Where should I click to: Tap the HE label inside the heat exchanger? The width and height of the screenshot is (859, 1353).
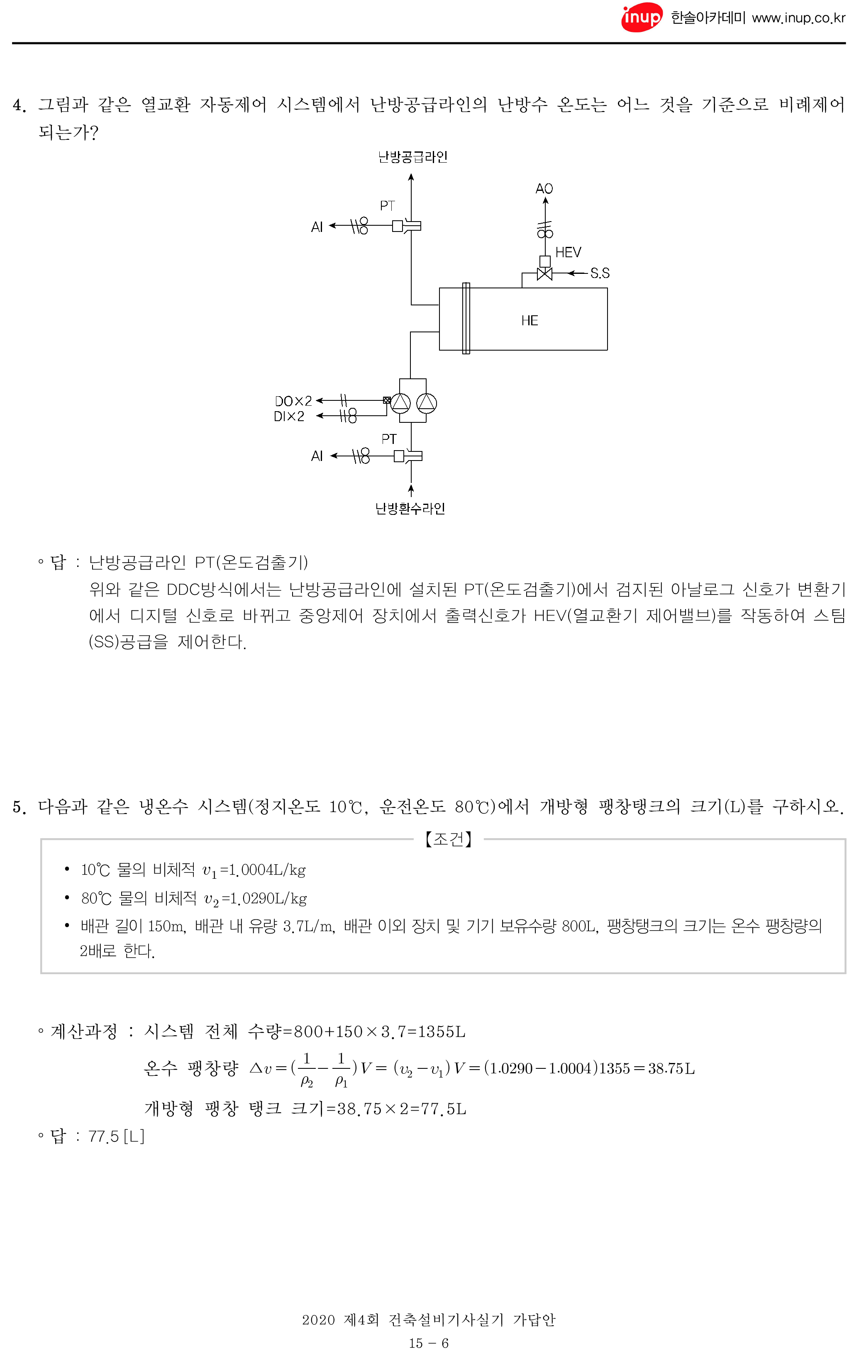point(529,320)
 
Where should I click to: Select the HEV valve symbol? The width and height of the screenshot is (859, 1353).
point(544,274)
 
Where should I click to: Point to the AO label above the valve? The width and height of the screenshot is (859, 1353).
point(544,189)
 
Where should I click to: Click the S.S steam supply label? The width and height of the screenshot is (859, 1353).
point(600,273)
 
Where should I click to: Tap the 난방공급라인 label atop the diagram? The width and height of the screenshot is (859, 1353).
point(412,157)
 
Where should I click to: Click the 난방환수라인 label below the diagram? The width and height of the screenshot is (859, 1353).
point(410,509)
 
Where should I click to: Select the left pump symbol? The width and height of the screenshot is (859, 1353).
point(400,403)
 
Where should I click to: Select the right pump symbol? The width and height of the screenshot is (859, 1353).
point(427,403)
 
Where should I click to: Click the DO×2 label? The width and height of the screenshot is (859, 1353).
point(293,401)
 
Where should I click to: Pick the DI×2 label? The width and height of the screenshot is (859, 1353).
point(289,416)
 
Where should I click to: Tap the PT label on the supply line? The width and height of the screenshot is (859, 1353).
point(387,206)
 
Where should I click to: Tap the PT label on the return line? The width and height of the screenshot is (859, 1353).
point(389,439)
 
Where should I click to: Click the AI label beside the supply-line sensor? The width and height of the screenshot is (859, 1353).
point(317,227)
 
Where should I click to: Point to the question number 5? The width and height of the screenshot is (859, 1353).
point(19,807)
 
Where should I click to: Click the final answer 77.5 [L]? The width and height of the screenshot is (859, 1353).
point(116,1137)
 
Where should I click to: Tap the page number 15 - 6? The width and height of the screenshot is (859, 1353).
point(429,1343)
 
